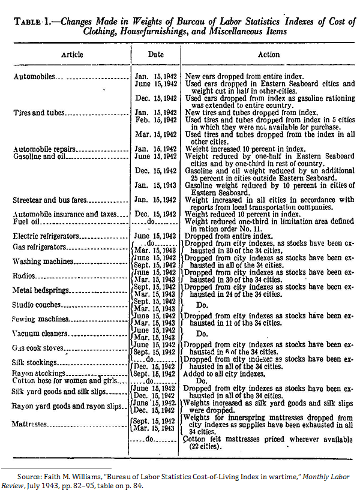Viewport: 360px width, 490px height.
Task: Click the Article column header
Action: pyautogui.click(x=72, y=55)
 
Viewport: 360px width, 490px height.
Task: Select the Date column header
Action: pyautogui.click(x=156, y=55)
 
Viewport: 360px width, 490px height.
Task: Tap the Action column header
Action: pyautogui.click(x=268, y=55)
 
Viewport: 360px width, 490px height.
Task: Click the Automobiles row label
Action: pyautogui.click(x=36, y=77)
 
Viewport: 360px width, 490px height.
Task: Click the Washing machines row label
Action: pyautogui.click(x=44, y=262)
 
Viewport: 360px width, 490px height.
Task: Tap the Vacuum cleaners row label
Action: pyautogui.click(x=41, y=333)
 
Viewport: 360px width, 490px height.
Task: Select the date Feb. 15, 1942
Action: pyautogui.click(x=156, y=120)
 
